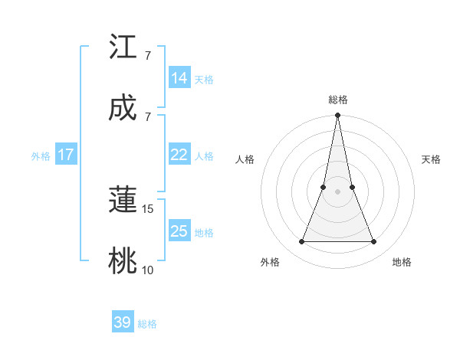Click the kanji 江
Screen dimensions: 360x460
(x=123, y=48)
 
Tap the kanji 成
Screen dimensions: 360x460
(x=123, y=108)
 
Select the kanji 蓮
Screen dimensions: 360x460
(x=123, y=201)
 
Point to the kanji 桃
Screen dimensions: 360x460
(x=123, y=261)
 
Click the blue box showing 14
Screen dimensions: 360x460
(x=179, y=78)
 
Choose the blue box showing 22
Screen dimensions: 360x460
(x=179, y=155)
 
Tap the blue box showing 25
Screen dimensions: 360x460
(x=179, y=231)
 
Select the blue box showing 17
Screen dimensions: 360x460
(x=66, y=155)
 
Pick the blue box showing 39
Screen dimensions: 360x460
(x=123, y=322)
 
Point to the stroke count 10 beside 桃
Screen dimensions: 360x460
(x=148, y=270)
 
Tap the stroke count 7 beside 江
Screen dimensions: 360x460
(x=148, y=56)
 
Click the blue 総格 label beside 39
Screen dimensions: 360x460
(x=147, y=324)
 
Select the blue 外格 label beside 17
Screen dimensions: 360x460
(x=41, y=156)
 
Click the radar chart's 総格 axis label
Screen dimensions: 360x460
(x=338, y=100)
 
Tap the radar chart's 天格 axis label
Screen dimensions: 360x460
(x=432, y=159)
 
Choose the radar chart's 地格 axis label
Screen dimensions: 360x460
(x=402, y=263)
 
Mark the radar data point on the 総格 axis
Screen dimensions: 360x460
(x=338, y=116)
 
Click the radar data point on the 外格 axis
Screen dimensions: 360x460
(x=301, y=242)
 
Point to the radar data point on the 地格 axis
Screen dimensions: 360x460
(x=374, y=242)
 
